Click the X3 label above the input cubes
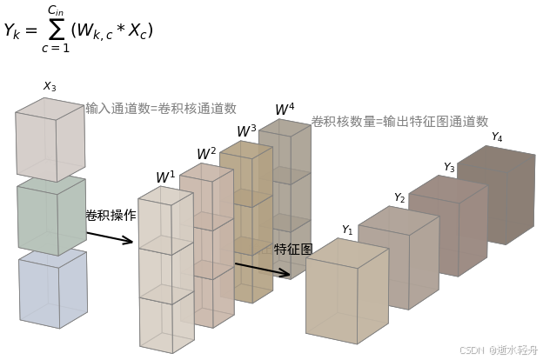50,86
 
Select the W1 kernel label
165,177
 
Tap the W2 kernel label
206,154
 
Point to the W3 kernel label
246,131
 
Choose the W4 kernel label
285,110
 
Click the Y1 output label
347,230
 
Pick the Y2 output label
399,198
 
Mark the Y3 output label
449,167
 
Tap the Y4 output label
497,137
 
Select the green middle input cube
50,217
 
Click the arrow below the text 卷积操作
110,237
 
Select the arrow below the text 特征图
262,270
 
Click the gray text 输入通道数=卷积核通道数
161,109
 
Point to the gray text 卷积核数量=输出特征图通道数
399,122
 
